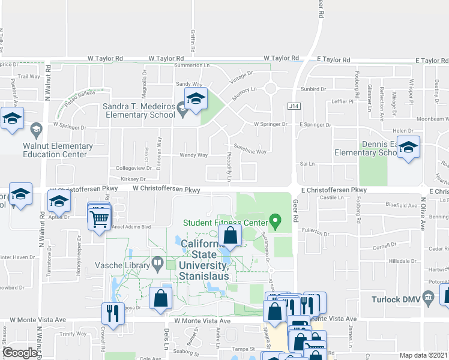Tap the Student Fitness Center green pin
point(276,223)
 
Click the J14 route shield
point(293,106)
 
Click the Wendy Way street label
point(194,155)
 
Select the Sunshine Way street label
point(251,152)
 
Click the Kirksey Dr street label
point(133,179)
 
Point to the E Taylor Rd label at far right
point(432,61)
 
